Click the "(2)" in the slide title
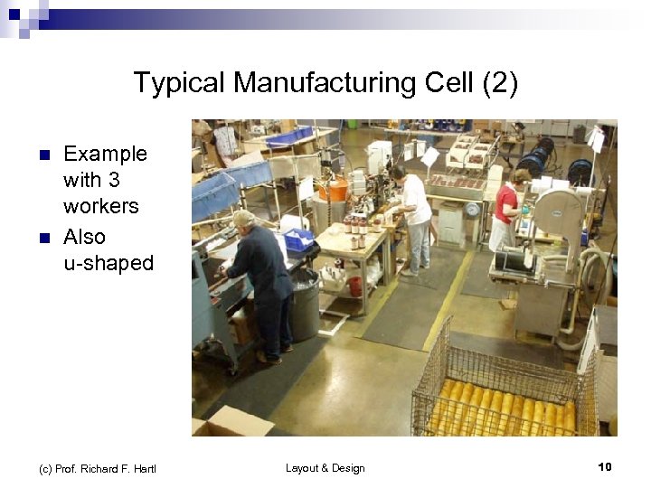(500, 83)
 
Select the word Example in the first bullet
(105, 154)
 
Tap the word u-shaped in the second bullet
(108, 263)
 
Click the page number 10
(605, 467)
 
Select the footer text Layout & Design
(325, 468)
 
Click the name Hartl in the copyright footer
(142, 468)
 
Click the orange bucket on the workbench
(334, 189)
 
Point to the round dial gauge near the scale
(472, 209)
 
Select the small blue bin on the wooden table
(297, 239)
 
